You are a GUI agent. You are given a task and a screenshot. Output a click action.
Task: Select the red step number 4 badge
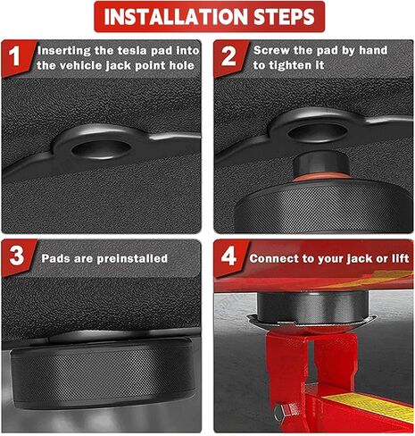pyautogui.click(x=228, y=257)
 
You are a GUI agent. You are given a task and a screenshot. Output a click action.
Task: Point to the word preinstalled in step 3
pyautogui.click(x=134, y=258)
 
